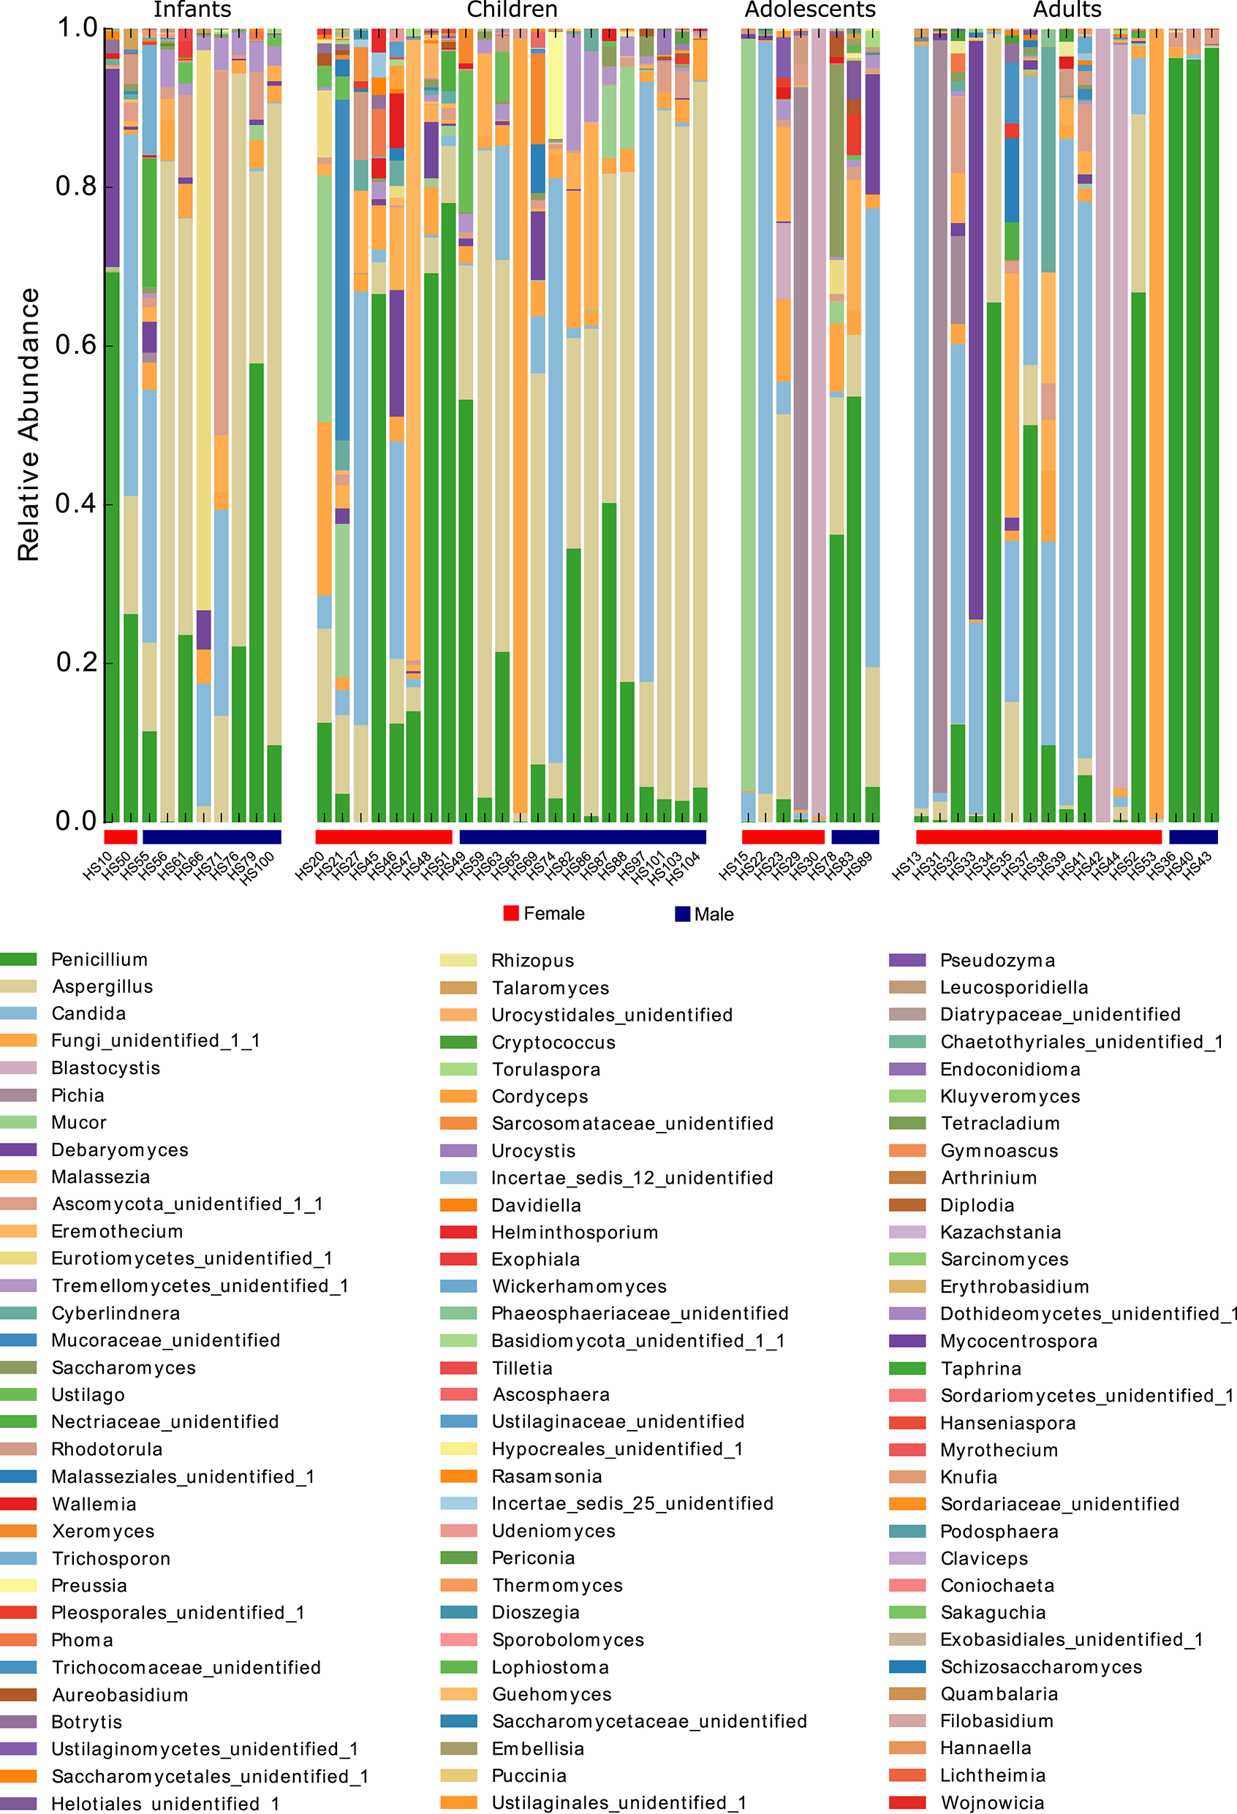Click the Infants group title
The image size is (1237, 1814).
(x=192, y=10)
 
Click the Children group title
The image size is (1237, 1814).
(x=512, y=10)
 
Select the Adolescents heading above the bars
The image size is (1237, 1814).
(x=809, y=10)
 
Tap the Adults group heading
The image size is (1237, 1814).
(x=1067, y=10)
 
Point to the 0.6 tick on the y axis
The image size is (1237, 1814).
(x=76, y=344)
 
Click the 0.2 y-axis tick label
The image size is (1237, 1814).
(x=76, y=662)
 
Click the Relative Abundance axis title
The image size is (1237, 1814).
(x=28, y=425)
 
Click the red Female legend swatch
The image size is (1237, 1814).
(x=511, y=913)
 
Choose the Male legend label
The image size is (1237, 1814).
(x=714, y=914)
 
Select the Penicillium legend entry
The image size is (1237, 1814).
(x=99, y=959)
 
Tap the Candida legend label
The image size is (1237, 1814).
(x=88, y=1013)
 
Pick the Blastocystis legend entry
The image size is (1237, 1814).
(x=105, y=1067)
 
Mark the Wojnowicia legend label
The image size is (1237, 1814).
(x=992, y=1802)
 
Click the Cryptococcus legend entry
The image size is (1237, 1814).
(x=553, y=1042)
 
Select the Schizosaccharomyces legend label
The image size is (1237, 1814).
(x=1041, y=1666)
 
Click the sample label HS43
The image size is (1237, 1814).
(x=1198, y=866)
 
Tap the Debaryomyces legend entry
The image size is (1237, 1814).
(x=119, y=1150)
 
